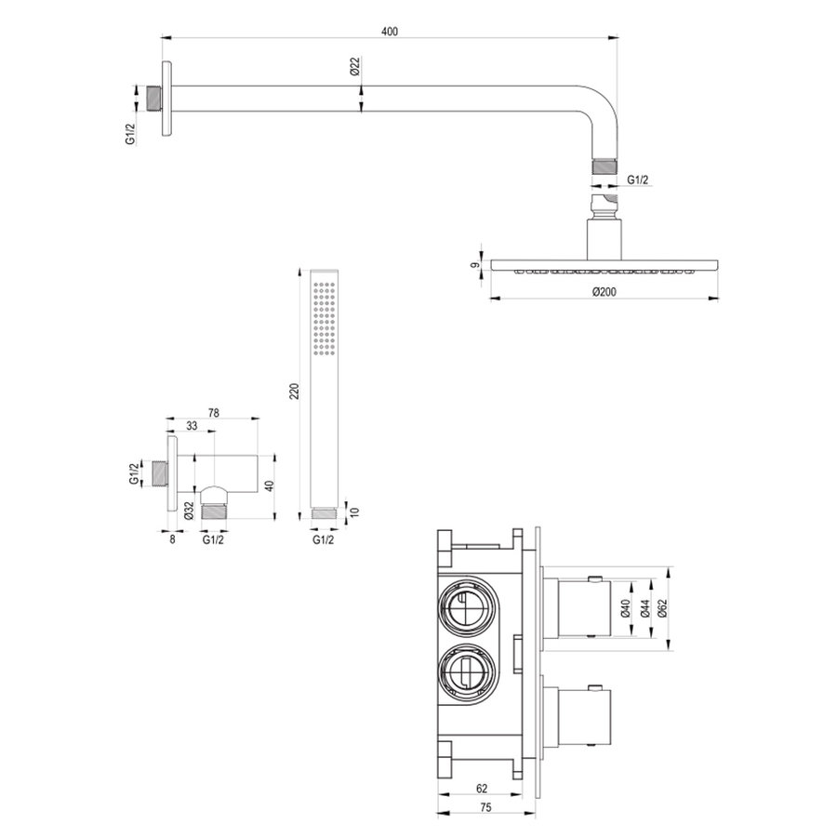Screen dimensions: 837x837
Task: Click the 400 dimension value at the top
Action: (390, 32)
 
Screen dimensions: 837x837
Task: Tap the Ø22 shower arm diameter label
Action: (355, 67)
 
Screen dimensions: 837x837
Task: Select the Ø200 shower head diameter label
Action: (604, 291)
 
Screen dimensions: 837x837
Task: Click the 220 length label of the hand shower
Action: (295, 392)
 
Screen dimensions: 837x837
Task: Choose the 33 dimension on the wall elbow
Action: (191, 426)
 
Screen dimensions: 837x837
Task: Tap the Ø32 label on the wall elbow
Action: (189, 510)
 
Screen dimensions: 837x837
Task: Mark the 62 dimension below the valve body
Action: (482, 789)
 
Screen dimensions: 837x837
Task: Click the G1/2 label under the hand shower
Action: (323, 539)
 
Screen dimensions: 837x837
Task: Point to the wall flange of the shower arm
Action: (166, 99)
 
